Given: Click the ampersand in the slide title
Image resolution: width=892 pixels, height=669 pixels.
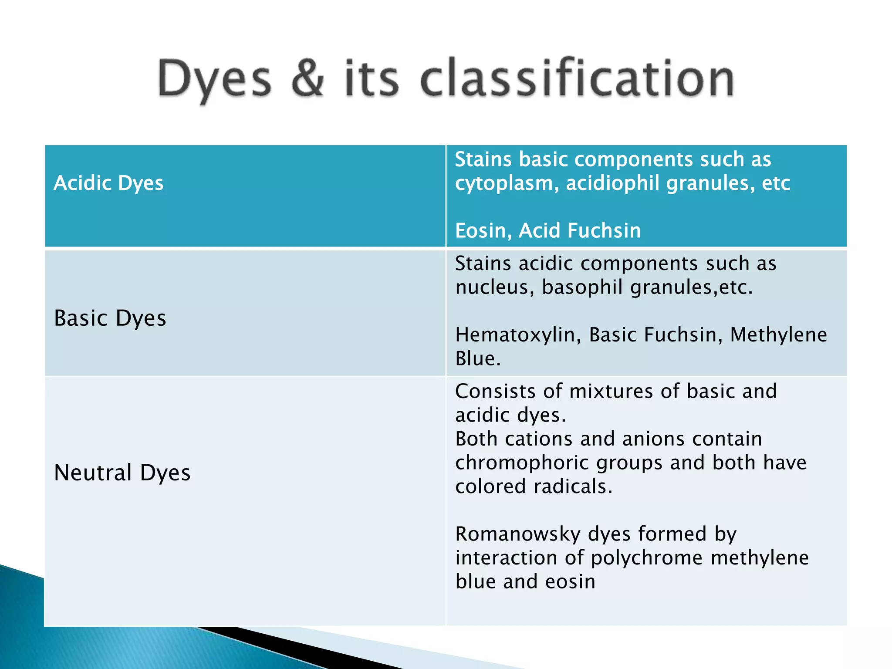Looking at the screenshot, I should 308,78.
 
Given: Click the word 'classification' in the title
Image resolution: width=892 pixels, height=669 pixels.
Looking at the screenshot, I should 577,78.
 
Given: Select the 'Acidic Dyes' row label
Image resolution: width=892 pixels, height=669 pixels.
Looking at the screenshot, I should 108,183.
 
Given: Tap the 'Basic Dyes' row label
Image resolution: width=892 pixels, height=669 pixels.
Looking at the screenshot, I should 110,318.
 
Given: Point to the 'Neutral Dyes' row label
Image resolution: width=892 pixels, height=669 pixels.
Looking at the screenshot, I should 122,473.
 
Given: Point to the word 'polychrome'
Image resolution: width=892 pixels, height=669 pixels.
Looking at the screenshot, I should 646,558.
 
